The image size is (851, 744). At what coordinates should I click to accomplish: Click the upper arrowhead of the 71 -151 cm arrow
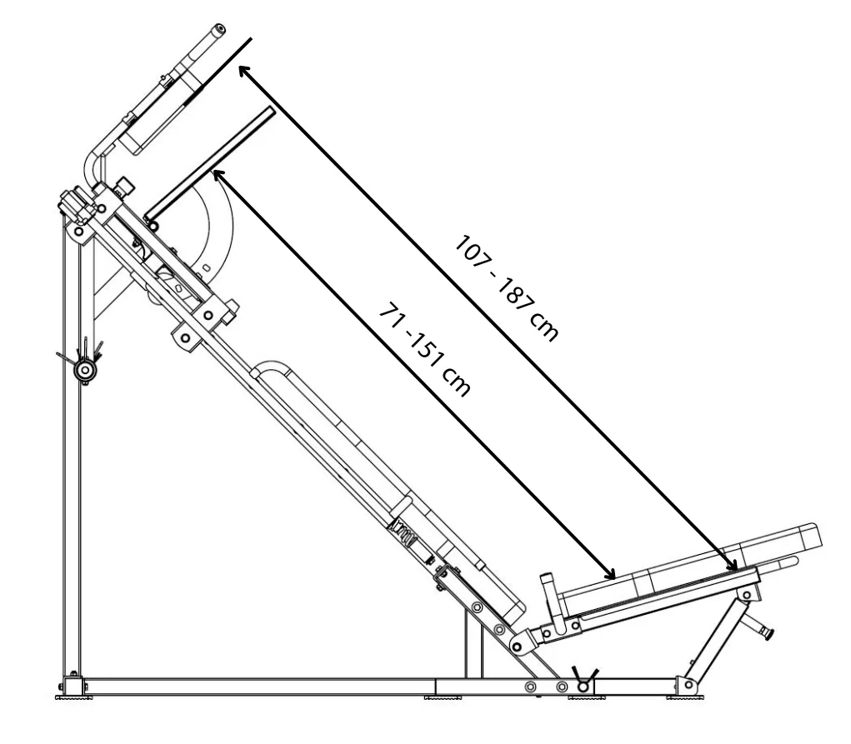pos(218,175)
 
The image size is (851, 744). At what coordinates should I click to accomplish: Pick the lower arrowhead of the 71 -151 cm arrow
pos(611,573)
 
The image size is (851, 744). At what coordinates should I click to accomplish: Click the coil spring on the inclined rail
pos(403,532)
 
